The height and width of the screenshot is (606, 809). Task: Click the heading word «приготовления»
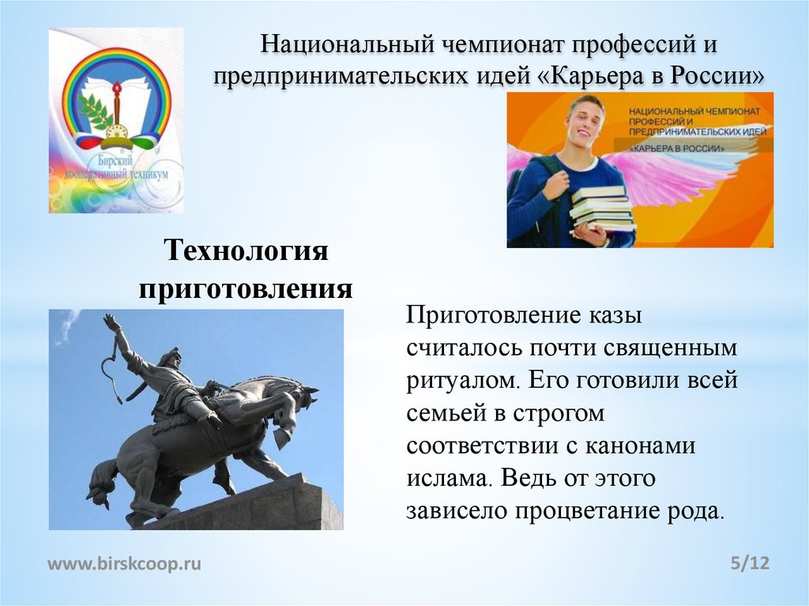click(x=245, y=288)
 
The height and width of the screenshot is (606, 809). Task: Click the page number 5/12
click(x=750, y=563)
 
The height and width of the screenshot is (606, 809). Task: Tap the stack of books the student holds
click(x=602, y=209)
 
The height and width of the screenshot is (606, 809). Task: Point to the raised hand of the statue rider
click(x=111, y=322)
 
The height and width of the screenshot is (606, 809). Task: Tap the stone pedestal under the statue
click(x=261, y=506)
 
